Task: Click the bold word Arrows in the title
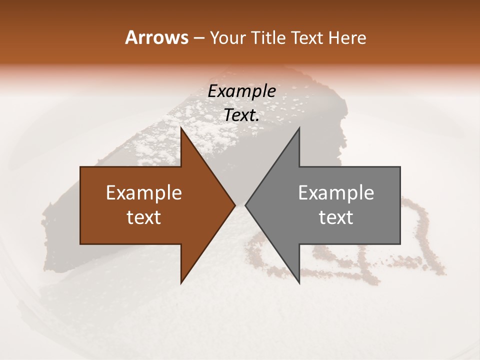point(156,37)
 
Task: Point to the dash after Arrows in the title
point(198,38)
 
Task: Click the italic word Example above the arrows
point(241,91)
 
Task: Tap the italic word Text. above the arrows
point(241,115)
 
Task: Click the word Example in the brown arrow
point(144,192)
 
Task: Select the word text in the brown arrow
point(144,217)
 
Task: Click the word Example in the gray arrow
point(336,192)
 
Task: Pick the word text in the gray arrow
point(336,217)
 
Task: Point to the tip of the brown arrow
point(234,205)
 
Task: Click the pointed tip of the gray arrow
point(245,205)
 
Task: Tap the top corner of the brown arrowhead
point(181,128)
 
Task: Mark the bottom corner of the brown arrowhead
point(181,283)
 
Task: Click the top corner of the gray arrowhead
point(299,128)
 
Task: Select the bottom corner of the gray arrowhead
point(299,283)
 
